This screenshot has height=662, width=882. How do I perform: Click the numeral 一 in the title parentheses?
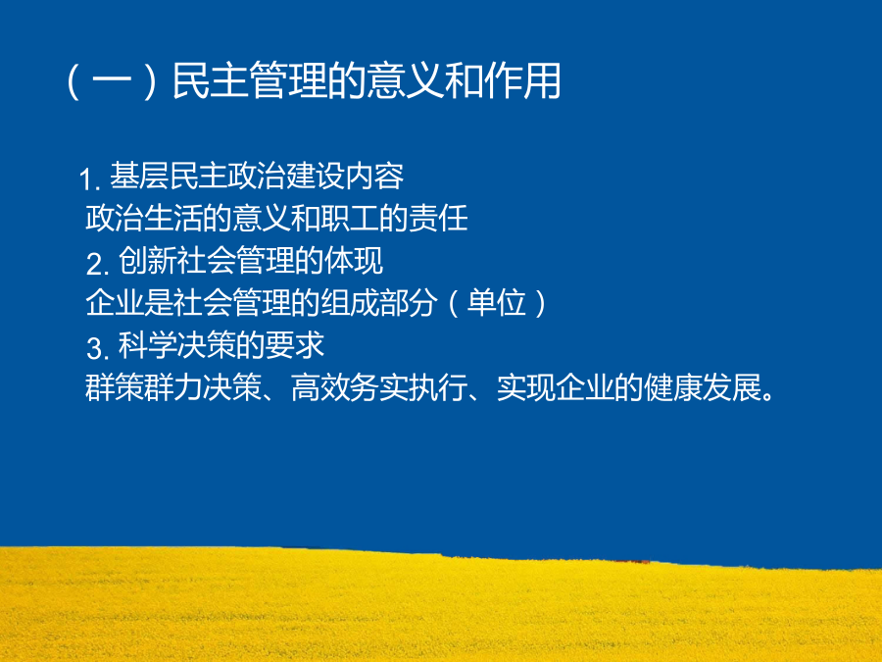[112, 82]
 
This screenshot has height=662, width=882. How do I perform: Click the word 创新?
[147, 261]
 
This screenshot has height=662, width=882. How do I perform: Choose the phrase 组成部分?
[378, 303]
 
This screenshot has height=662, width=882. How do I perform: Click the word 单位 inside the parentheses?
[497, 303]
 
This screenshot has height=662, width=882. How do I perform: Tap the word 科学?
[147, 345]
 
